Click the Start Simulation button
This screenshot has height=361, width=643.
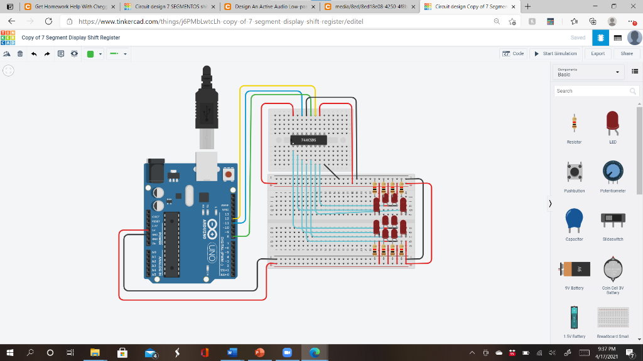click(x=556, y=54)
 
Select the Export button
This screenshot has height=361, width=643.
click(x=598, y=54)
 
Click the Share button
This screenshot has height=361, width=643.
click(x=627, y=54)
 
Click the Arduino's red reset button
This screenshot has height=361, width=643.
click(x=228, y=172)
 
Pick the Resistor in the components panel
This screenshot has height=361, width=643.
click(x=574, y=125)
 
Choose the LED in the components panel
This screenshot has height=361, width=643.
click(x=612, y=123)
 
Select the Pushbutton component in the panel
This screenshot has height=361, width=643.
click(x=574, y=172)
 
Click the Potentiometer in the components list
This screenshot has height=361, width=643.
click(x=612, y=172)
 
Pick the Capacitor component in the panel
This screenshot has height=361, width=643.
click(x=574, y=219)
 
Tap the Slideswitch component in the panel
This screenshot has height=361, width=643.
click(x=612, y=219)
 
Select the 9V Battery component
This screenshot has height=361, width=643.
click(x=574, y=269)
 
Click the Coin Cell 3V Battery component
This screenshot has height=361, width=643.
click(x=612, y=269)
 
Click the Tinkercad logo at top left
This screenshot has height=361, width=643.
click(x=9, y=38)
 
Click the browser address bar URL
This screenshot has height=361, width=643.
click(x=220, y=21)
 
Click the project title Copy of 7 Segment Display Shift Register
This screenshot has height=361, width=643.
click(x=71, y=38)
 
